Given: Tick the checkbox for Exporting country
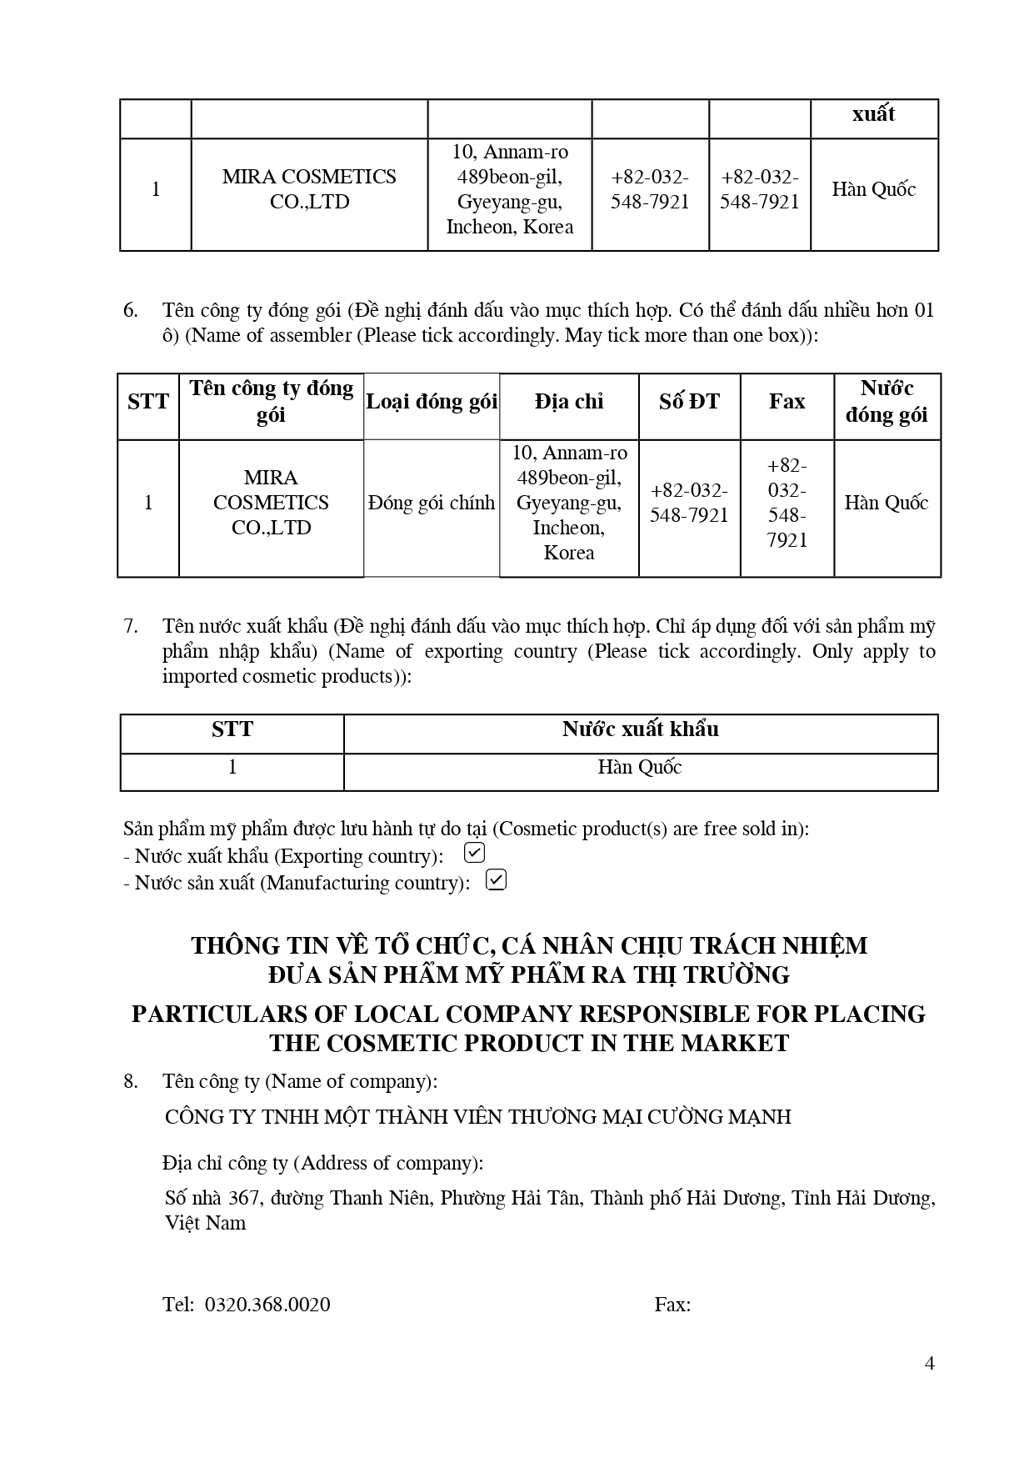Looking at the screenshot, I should [x=474, y=853].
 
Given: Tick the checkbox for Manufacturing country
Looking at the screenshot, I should [x=496, y=879].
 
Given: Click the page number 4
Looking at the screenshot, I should [x=930, y=1363].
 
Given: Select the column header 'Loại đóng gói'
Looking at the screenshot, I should [x=432, y=402].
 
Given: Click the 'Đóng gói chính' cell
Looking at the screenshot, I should [x=432, y=503].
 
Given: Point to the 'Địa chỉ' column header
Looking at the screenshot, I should [x=569, y=402].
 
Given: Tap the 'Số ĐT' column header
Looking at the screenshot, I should [x=689, y=402].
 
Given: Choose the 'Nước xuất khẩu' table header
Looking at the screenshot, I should [x=640, y=729].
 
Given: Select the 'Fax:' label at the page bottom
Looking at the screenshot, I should [x=672, y=1305].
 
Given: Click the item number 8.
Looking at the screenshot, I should [x=131, y=1081].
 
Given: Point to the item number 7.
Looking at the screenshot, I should [x=131, y=626].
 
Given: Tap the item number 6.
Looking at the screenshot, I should [x=131, y=310].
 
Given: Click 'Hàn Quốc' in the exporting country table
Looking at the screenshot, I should [x=640, y=767].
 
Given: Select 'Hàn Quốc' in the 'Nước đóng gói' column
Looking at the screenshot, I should [x=887, y=503].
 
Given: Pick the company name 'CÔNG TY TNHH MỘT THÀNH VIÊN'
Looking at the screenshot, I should [x=478, y=1116].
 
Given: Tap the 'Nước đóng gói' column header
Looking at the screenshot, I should [x=887, y=402].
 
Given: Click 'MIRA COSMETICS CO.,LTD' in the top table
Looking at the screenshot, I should [x=309, y=189].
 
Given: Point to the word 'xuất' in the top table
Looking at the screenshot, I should [x=873, y=114].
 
